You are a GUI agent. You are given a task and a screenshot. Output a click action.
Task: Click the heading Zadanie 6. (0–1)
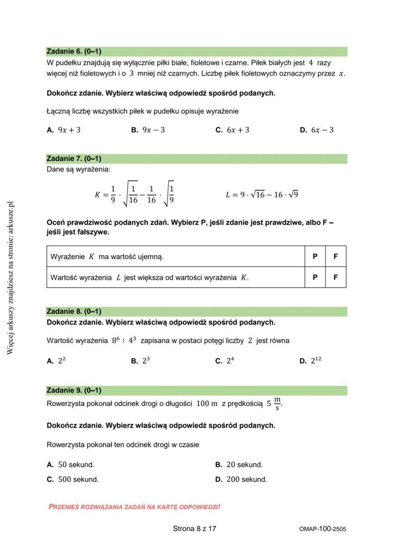click(74, 51)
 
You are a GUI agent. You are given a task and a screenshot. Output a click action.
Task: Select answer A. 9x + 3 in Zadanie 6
click(64, 130)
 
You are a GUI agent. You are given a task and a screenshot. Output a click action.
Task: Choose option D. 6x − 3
click(317, 130)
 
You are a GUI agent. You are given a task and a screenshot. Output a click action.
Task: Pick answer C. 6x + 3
click(232, 130)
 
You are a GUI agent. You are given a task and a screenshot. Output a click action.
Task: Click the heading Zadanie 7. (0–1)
click(74, 159)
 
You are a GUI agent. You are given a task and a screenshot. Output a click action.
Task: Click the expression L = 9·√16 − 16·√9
click(262, 195)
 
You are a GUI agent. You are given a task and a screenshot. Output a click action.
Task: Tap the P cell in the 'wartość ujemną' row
click(315, 256)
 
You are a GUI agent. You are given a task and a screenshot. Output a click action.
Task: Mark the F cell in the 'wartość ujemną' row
click(336, 256)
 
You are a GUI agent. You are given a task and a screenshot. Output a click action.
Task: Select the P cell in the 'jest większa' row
click(315, 277)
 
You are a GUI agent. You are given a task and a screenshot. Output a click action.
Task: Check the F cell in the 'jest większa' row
click(336, 277)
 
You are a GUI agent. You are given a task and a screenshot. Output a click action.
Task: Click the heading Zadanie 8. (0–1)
click(74, 311)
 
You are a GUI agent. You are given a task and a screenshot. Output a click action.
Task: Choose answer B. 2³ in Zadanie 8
click(140, 361)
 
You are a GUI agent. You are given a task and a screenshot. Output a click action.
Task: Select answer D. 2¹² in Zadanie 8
click(310, 361)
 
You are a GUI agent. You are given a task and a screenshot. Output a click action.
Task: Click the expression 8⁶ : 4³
click(124, 340)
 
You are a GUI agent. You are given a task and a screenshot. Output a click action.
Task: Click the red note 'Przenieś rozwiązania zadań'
click(134, 507)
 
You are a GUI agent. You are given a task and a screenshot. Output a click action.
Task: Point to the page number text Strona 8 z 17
click(195, 528)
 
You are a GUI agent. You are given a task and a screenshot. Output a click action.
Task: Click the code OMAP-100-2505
click(323, 529)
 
